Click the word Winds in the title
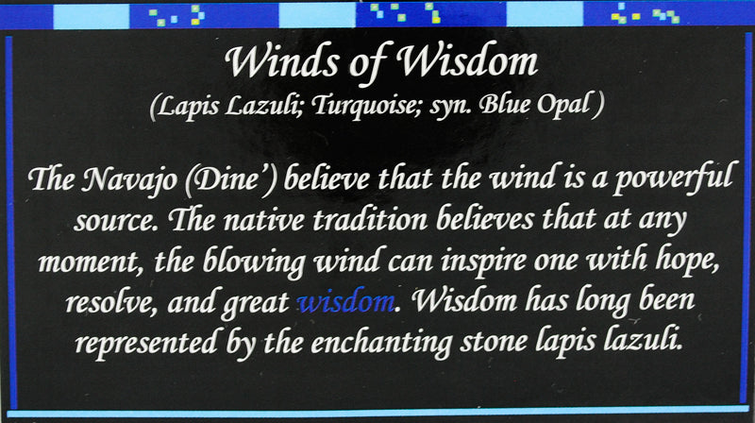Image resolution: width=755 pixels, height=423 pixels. (x=273, y=63)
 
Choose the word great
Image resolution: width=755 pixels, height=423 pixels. (x=255, y=304)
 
